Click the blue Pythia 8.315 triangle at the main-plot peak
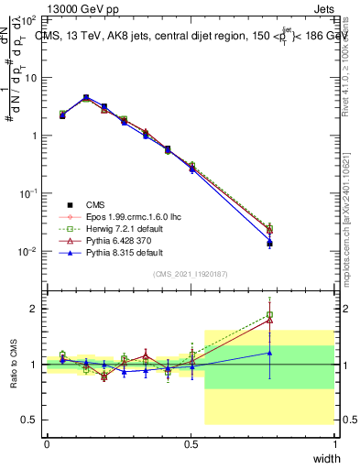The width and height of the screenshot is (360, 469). [x=86, y=97]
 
